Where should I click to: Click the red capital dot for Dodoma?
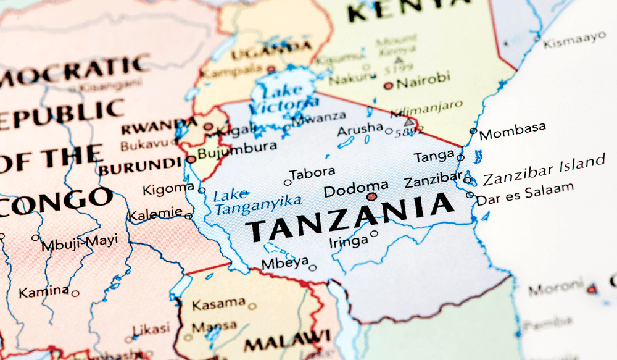click(x=371, y=197)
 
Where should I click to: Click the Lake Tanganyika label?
click(x=257, y=201)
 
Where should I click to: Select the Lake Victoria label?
click(x=283, y=99)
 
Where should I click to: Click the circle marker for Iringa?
click(x=374, y=233)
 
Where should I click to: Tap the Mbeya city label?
click(x=284, y=262)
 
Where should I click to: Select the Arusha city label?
click(x=360, y=129)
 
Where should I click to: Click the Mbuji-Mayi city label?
click(x=79, y=243)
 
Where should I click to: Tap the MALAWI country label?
click(x=286, y=340)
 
